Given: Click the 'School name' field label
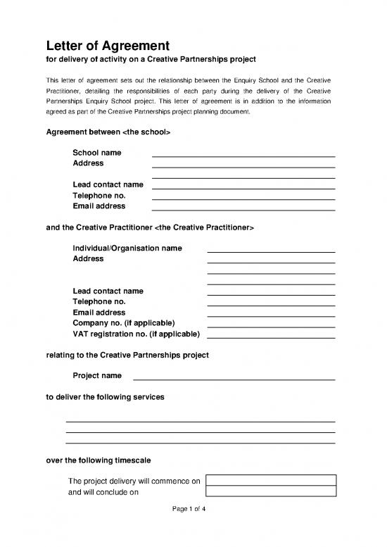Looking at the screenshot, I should pos(96,153).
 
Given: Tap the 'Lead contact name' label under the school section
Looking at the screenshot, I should pos(108,184).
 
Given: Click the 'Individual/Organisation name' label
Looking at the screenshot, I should pos(127,249).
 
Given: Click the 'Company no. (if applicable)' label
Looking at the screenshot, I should pos(123,322).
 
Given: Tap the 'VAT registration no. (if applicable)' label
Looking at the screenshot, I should pos(136,333).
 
